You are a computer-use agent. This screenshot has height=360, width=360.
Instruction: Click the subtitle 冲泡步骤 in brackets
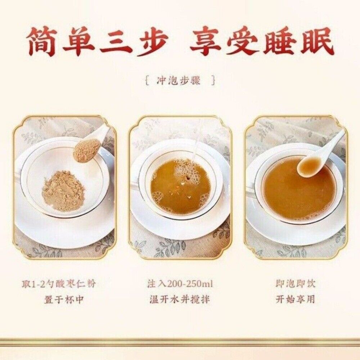coord(179,81)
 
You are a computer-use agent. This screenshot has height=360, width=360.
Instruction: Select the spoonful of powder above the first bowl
coord(86,150)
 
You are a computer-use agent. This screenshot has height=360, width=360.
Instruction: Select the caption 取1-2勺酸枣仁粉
coord(59,284)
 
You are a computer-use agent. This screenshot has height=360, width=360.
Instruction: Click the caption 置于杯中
coord(64,300)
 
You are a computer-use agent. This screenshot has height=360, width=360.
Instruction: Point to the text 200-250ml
coord(190,284)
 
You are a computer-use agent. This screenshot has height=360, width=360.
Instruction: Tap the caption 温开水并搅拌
coord(180,300)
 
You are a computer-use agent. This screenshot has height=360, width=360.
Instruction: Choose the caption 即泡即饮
coord(296,284)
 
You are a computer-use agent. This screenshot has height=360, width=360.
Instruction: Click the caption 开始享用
coord(296,300)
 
